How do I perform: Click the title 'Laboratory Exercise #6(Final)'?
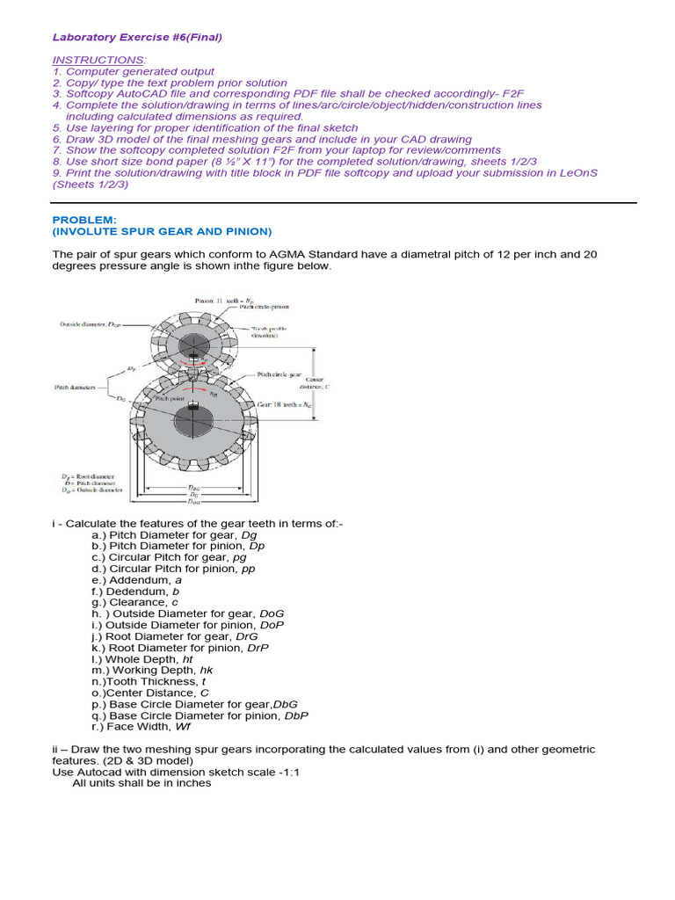click(x=137, y=37)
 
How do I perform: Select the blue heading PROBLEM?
click(x=83, y=219)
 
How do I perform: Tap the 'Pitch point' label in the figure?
click(x=171, y=398)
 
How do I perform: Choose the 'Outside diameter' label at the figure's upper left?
click(x=90, y=323)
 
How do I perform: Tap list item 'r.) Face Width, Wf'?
click(x=141, y=726)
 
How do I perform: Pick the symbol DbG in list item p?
click(x=287, y=704)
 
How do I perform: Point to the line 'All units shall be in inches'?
click(x=142, y=782)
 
